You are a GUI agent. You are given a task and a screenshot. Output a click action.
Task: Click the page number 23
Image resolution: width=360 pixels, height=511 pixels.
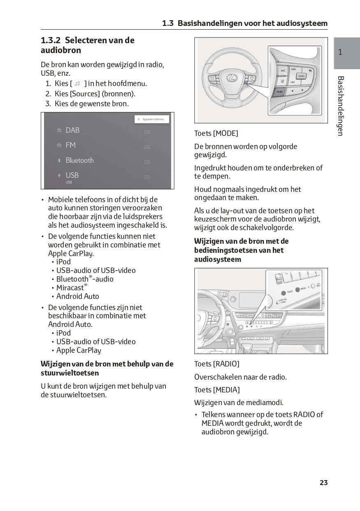pos(323,483)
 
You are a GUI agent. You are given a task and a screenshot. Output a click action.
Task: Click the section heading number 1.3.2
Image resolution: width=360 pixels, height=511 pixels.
pos(51,40)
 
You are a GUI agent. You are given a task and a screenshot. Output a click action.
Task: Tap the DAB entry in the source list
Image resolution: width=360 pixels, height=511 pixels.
pos(72,130)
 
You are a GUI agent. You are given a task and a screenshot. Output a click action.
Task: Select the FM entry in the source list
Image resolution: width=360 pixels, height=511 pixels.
pos(70,145)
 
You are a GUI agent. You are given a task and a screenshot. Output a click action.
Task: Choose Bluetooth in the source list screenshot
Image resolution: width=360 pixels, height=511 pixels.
pos(79,160)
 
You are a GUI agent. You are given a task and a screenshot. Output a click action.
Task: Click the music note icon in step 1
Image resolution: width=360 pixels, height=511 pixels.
pos(77,84)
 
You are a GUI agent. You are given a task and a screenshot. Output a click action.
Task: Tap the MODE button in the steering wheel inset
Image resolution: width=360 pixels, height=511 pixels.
pos(280,92)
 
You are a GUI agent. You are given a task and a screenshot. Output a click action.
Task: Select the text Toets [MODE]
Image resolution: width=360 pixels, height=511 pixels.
pos(216,133)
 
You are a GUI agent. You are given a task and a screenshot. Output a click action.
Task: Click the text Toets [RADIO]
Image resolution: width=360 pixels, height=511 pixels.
pos(216,364)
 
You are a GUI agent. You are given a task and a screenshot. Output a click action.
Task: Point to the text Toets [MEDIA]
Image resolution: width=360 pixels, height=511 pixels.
pos(217,390)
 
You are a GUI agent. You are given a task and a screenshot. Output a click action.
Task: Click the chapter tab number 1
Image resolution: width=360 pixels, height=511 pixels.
pos(340,52)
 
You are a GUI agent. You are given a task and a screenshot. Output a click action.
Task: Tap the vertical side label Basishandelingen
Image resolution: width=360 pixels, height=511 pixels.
pos(340,106)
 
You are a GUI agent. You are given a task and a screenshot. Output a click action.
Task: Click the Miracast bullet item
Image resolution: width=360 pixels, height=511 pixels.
pos(71,288)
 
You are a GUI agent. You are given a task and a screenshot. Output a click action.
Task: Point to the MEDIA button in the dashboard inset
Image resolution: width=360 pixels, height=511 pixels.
pos(297,289)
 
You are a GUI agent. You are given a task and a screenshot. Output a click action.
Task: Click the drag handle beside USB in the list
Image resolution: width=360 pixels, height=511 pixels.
pos(147,177)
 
